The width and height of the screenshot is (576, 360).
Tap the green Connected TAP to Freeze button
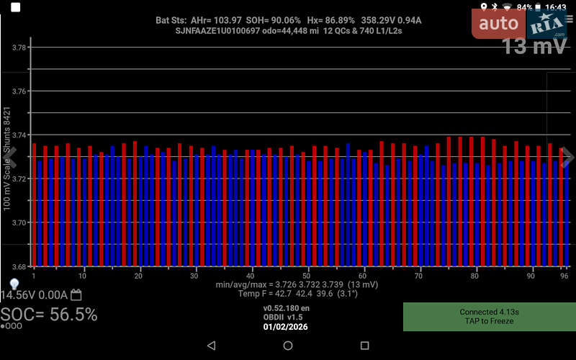[489, 317]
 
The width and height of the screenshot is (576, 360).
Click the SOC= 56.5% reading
[49, 315]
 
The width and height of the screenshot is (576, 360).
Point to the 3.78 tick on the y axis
[19, 48]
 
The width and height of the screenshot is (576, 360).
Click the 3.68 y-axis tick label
[19, 266]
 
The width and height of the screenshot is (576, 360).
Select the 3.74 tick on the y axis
[19, 135]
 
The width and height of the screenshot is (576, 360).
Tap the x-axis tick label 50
[307, 276]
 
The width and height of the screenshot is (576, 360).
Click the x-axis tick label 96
[565, 276]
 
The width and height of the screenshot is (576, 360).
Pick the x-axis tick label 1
[33, 276]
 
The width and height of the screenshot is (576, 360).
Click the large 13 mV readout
[535, 47]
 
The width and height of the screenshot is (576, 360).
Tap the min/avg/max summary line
[287, 285]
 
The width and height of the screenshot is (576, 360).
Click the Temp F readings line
[287, 294]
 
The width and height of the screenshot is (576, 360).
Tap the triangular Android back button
[211, 346]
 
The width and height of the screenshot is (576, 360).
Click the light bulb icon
[13, 284]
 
